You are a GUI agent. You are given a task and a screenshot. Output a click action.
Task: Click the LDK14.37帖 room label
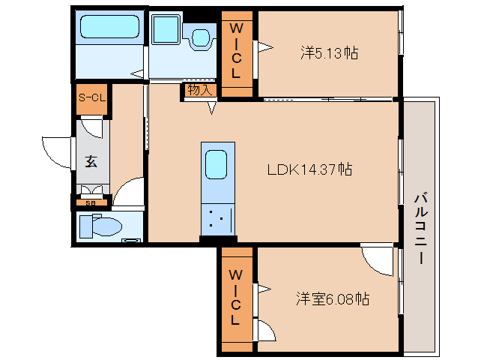[x=309, y=169]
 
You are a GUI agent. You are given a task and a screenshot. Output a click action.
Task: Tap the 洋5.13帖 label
[x=329, y=52]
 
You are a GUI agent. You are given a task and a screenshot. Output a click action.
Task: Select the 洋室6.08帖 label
[x=333, y=299]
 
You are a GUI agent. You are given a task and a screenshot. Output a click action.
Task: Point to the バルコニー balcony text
[x=421, y=227]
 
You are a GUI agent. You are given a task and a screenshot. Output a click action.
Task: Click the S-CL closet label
[x=92, y=98]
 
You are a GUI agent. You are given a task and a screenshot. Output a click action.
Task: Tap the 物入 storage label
[x=199, y=90]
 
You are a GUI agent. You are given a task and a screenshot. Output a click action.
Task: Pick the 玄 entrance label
[x=91, y=161]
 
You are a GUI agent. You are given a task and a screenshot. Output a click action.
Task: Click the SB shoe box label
[x=91, y=202]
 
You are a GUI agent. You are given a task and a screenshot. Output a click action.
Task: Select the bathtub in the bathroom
[x=109, y=26]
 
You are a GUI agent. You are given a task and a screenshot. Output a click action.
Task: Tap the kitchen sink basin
[x=216, y=165]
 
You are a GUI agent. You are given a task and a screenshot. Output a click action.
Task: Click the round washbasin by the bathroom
[x=201, y=37]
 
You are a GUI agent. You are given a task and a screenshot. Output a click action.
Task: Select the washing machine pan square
[x=166, y=29]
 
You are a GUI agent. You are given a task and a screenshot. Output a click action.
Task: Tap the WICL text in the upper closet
[x=236, y=50]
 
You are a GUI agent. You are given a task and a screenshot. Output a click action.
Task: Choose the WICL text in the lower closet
[x=236, y=297]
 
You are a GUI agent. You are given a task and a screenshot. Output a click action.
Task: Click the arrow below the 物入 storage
[x=212, y=108]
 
